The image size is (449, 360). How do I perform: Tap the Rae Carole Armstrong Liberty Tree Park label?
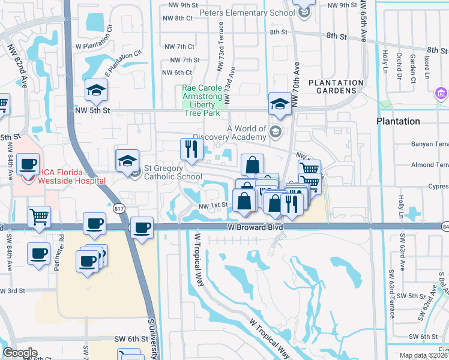pyautogui.click(x=206, y=97)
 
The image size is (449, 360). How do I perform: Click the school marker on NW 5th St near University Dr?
pyautogui.click(x=96, y=90)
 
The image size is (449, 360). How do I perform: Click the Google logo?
pyautogui.click(x=20, y=353)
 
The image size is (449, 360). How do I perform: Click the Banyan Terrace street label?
pyautogui.click(x=429, y=144)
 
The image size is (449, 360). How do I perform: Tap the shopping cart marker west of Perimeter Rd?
pyautogui.click(x=39, y=217)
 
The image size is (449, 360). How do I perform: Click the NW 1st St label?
pyautogui.click(x=213, y=205)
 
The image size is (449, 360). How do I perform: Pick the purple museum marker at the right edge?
pyautogui.click(x=441, y=94)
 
